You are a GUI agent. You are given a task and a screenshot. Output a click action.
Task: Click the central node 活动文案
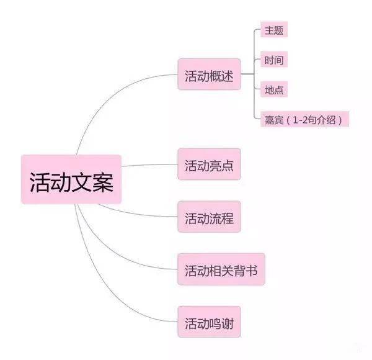point(71,179)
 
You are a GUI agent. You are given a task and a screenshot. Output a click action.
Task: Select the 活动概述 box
point(210,74)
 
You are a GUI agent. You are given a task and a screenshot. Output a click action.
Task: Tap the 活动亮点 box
point(210,164)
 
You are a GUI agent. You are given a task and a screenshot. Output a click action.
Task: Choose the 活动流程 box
point(210,217)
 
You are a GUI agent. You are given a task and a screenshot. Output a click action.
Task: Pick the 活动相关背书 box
point(221,269)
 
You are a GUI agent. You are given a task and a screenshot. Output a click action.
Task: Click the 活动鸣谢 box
point(210,322)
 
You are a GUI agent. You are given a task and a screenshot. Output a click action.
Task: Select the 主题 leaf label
point(274,29)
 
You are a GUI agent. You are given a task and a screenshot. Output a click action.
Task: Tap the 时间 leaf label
point(274,59)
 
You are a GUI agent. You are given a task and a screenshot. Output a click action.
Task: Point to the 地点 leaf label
point(274,89)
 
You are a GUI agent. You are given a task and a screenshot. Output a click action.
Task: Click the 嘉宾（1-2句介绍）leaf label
point(304,119)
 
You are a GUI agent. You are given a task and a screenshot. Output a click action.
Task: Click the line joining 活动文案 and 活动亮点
point(149,164)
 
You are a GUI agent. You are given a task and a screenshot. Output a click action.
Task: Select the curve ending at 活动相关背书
point(112,250)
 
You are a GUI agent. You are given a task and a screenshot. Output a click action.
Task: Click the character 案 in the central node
point(103,182)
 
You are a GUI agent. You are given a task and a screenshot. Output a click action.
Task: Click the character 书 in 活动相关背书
point(251,271)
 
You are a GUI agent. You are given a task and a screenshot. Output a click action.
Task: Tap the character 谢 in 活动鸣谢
point(228,323)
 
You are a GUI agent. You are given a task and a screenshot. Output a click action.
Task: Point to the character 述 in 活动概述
point(228,76)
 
